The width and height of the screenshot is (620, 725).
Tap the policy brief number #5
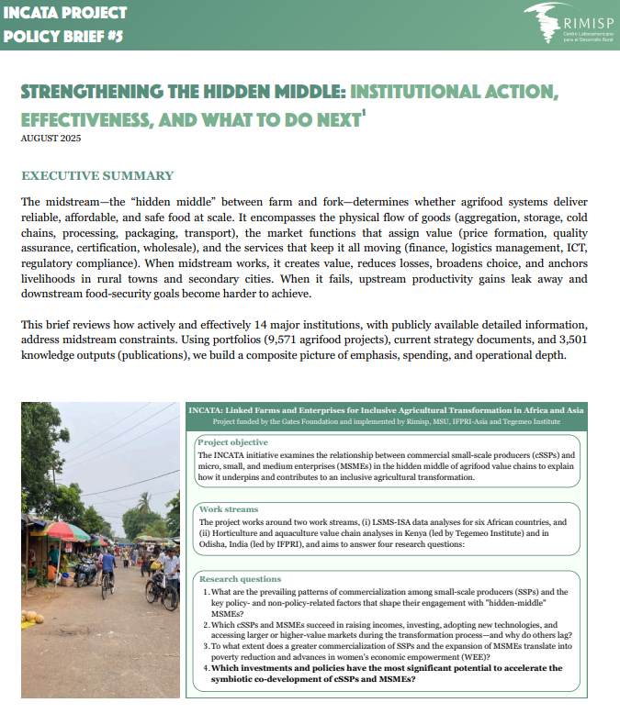tap(111, 37)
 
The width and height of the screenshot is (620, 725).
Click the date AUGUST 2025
tap(51, 139)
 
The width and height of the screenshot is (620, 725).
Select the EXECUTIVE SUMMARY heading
tap(97, 175)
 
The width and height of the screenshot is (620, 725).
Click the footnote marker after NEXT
tap(364, 113)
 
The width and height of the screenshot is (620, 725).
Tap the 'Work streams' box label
tap(229, 508)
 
